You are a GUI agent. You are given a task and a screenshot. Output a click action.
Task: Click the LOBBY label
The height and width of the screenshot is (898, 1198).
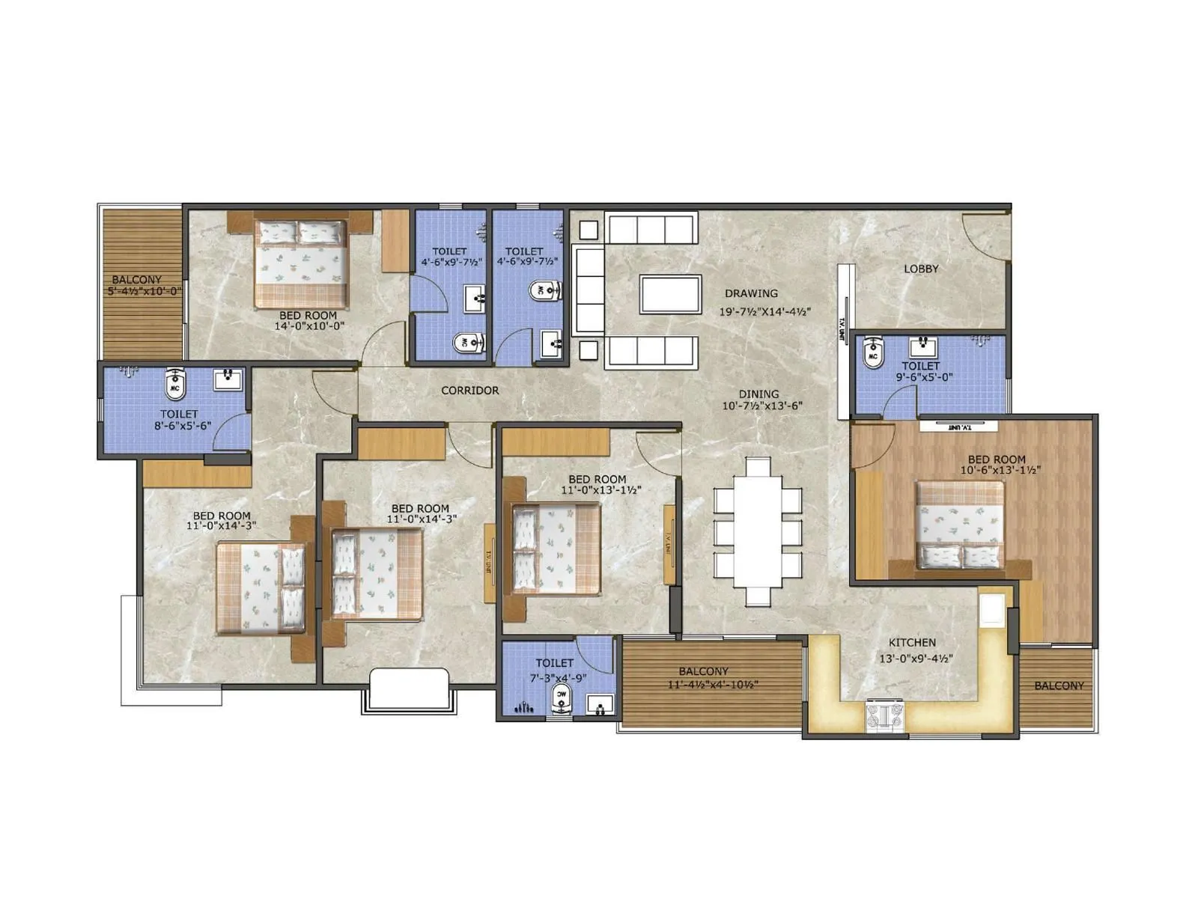click(x=920, y=269)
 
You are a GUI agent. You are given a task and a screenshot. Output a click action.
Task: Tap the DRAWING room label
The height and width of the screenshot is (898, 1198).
click(x=751, y=293)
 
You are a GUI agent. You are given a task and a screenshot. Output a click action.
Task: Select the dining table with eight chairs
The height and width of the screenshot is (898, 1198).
click(x=758, y=532)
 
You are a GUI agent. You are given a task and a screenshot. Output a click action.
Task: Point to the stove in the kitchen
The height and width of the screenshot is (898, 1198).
click(x=887, y=715)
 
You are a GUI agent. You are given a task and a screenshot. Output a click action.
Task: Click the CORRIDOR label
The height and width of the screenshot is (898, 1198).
click(x=469, y=391)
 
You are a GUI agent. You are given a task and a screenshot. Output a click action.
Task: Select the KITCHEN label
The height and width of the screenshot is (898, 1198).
click(x=912, y=642)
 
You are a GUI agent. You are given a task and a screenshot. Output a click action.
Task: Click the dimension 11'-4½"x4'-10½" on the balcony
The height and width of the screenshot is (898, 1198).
click(x=713, y=684)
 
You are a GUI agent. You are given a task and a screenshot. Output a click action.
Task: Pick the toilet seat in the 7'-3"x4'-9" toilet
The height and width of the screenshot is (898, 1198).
click(x=562, y=697)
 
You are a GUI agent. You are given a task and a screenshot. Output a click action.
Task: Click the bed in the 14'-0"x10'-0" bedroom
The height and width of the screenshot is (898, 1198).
click(x=301, y=263)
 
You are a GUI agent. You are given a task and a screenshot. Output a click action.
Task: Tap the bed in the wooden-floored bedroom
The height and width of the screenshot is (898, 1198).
click(x=960, y=525)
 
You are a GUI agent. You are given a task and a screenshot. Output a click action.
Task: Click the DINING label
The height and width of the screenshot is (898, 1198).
click(x=758, y=394)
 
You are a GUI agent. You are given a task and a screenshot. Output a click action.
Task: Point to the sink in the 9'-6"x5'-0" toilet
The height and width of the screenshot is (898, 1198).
click(x=923, y=345)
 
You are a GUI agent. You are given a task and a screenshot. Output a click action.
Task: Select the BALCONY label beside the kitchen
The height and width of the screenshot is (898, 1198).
click(x=1058, y=685)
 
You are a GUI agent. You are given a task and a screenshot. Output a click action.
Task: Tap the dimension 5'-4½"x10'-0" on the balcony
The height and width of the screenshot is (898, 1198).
click(x=145, y=291)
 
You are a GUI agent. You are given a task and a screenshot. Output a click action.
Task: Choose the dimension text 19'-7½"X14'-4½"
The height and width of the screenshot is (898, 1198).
click(x=765, y=312)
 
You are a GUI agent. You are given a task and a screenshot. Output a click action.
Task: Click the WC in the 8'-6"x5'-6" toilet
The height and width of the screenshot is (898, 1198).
click(x=175, y=382)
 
